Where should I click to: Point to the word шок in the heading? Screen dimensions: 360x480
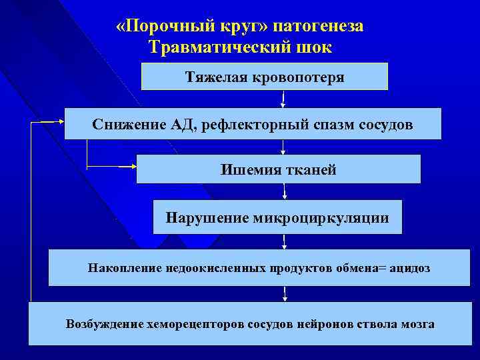pos(312,47)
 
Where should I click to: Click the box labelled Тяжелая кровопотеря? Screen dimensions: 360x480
pos(265,77)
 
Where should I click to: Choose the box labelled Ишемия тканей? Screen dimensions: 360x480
pos(279,169)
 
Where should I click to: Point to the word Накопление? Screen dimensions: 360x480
pos(119,268)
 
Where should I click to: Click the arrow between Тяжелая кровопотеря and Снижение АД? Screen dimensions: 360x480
pos(284,99)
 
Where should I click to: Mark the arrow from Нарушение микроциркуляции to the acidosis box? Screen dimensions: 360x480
pos(285,241)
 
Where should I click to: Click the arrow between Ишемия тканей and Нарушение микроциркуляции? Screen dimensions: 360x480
pos(285,191)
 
